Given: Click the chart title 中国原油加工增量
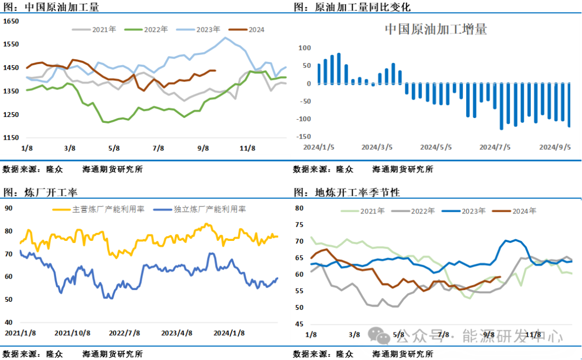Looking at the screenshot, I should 435,29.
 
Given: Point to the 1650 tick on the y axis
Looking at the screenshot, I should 11,21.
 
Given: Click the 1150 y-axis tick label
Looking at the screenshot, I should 11,138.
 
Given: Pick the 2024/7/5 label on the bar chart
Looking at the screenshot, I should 494,147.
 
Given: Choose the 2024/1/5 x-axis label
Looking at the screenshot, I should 318,147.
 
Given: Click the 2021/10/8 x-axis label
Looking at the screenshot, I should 72,333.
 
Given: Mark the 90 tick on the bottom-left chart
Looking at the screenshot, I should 9,208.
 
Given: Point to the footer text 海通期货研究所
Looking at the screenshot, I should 403,355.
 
